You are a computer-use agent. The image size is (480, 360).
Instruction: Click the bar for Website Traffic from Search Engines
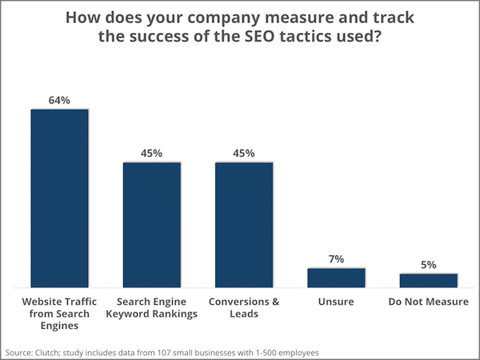pyautogui.click(x=59, y=197)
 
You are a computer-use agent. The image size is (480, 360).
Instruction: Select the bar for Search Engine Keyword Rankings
pyautogui.click(x=151, y=224)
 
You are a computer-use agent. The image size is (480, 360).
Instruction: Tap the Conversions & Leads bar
pyautogui.click(x=244, y=224)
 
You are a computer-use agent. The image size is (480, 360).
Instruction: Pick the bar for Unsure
pyautogui.click(x=336, y=277)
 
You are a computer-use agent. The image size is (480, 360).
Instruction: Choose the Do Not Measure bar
pyautogui.click(x=429, y=280)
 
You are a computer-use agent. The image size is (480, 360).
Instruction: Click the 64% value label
pyautogui.click(x=59, y=100)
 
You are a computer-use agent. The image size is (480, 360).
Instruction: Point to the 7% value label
pyautogui.click(x=336, y=258)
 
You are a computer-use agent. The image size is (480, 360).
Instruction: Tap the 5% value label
pyautogui.click(x=429, y=265)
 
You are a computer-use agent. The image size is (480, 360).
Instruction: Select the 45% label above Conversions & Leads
pyautogui.click(x=244, y=153)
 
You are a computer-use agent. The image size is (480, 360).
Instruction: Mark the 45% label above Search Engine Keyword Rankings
pyautogui.click(x=151, y=153)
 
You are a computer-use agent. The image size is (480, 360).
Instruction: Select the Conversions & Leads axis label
pyautogui.click(x=244, y=307)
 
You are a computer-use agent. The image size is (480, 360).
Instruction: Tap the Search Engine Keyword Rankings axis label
pyautogui.click(x=151, y=307)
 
